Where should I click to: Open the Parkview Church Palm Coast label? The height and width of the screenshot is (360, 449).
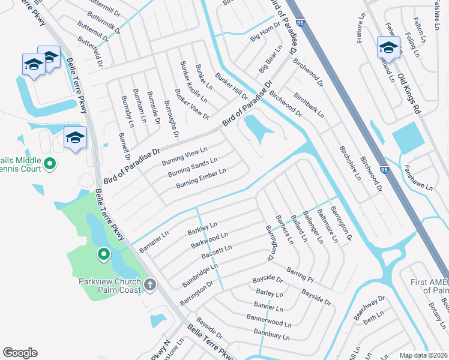(110, 286)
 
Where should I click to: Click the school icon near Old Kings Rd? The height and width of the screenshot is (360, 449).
(388, 47)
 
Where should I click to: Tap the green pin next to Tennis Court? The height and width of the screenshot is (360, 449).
(50, 163)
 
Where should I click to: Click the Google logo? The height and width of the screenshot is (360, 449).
(20, 353)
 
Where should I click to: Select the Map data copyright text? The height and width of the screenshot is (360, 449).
(424, 355)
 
